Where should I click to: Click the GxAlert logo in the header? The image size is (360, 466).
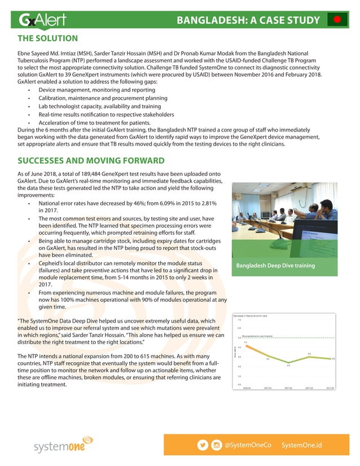coord(42,20)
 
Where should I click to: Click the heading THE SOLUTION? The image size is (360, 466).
coord(48,39)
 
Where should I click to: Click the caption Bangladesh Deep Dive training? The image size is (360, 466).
coord(275,265)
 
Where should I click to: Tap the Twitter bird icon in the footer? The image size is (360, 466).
coord(203,445)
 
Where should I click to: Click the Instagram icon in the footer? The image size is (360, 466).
coord(216,445)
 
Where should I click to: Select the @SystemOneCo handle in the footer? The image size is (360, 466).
coord(248,445)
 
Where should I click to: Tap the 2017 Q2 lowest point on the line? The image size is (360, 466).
coord(288,363)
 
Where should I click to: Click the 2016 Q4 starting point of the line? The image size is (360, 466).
coord(245,345)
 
